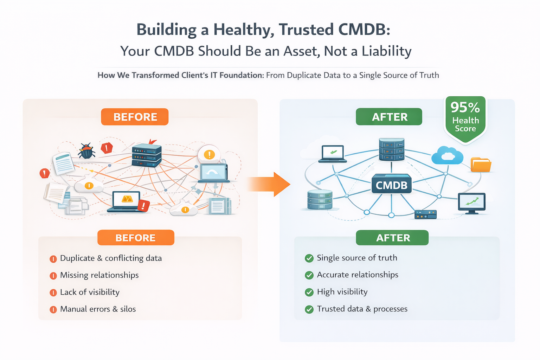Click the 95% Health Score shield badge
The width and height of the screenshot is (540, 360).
465,120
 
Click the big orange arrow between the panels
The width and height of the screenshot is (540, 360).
269,184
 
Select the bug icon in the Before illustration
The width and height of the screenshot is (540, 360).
86,151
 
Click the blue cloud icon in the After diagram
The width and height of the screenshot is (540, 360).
447,155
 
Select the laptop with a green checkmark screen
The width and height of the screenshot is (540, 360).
333,154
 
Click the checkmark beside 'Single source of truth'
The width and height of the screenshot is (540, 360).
309,258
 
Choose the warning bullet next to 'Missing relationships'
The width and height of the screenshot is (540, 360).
53,276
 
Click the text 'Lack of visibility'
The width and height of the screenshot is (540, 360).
90,292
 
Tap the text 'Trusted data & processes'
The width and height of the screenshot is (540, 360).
362,309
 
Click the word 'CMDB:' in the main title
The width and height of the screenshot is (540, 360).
364,30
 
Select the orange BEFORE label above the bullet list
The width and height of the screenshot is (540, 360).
136,238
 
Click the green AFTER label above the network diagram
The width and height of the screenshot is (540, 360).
389,117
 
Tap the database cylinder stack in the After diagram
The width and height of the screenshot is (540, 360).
320,199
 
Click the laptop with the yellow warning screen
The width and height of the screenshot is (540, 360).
126,201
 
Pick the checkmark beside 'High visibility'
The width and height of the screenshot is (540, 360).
309,292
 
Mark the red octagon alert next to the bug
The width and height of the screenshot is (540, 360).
107,148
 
